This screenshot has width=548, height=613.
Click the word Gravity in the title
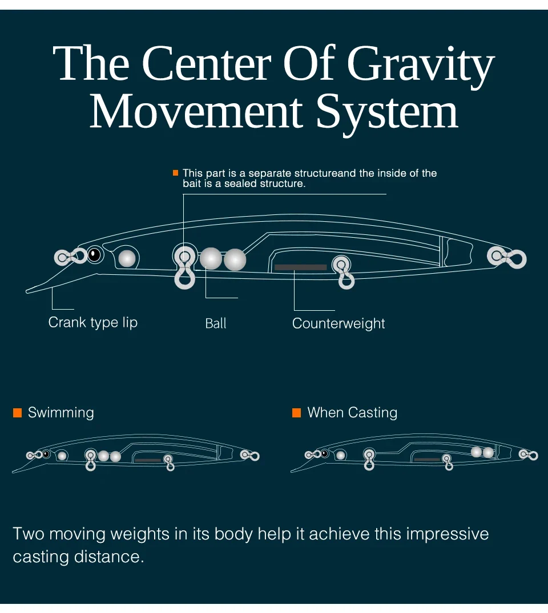pos(420,66)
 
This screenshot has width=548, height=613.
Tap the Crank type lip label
pos(93,322)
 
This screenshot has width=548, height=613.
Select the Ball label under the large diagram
pos(216,323)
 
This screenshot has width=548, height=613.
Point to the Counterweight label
pos(339,323)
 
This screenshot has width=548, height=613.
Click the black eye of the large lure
pos(94,254)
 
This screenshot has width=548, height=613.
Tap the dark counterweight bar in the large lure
pos(300,267)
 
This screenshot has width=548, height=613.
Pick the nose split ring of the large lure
pos(63,257)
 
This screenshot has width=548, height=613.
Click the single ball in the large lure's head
pos(127,258)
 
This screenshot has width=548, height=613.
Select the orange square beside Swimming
pos(17,413)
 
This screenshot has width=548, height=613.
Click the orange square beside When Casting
pos(296,413)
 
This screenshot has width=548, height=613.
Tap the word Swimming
pos(61,413)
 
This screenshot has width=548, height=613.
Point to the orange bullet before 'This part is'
pos(176,173)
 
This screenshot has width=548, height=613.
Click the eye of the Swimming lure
pos(46,454)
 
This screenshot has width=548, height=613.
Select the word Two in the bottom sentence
pos(29,534)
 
